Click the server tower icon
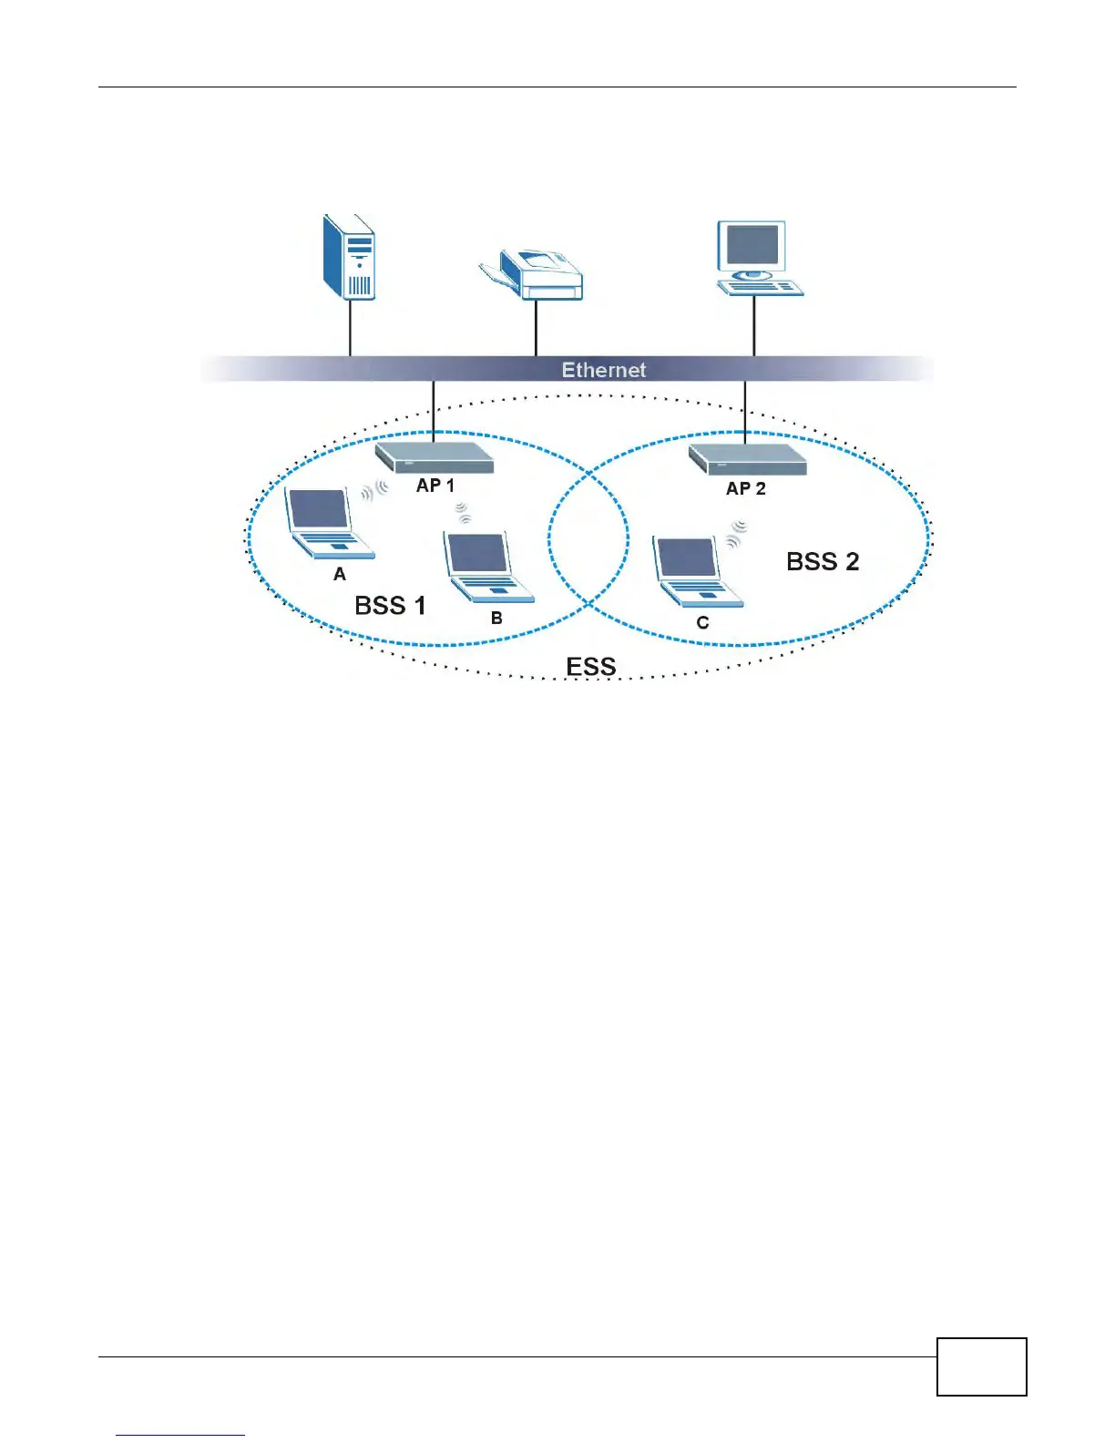pos(350,258)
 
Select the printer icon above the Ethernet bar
pos(534,272)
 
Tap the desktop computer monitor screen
pos(752,244)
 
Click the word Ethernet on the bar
pos(603,370)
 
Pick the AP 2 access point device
pos(748,458)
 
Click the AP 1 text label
pos(435,486)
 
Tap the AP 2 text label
pos(745,488)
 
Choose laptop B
pos(486,566)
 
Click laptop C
pos(695,571)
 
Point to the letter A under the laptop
pos(340,574)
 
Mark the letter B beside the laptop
pos(496,618)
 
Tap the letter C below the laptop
pos(702,623)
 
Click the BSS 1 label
pos(390,606)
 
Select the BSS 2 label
pos(823,561)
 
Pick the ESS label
pos(591,667)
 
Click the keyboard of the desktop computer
pos(761,288)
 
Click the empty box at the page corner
pos(981,1366)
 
